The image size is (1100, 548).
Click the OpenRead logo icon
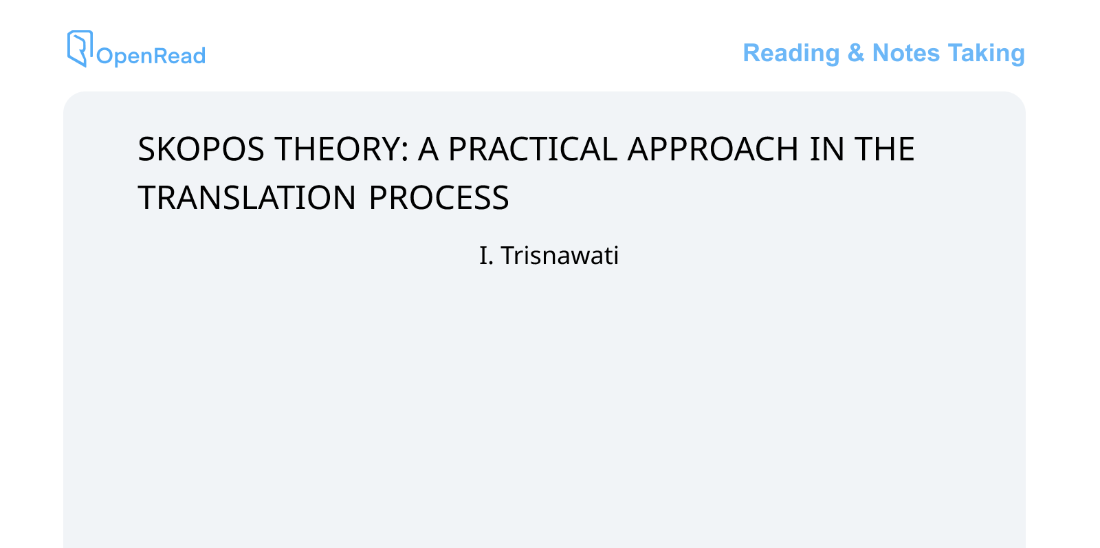(79, 47)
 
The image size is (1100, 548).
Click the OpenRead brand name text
(151, 56)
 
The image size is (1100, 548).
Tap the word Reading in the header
(791, 53)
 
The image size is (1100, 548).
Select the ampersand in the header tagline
(855, 53)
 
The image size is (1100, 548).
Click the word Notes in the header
(905, 53)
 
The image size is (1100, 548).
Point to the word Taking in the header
(986, 53)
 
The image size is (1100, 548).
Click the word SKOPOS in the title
(201, 149)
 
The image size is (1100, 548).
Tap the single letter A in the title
(428, 149)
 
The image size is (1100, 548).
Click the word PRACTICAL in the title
(532, 149)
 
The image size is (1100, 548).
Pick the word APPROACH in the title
(713, 149)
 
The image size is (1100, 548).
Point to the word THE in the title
(884, 149)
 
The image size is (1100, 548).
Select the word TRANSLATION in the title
(247, 198)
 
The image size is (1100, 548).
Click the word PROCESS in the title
(439, 198)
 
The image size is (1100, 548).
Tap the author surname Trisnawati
(560, 256)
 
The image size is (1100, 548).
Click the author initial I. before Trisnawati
(485, 256)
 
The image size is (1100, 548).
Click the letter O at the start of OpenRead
(104, 56)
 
